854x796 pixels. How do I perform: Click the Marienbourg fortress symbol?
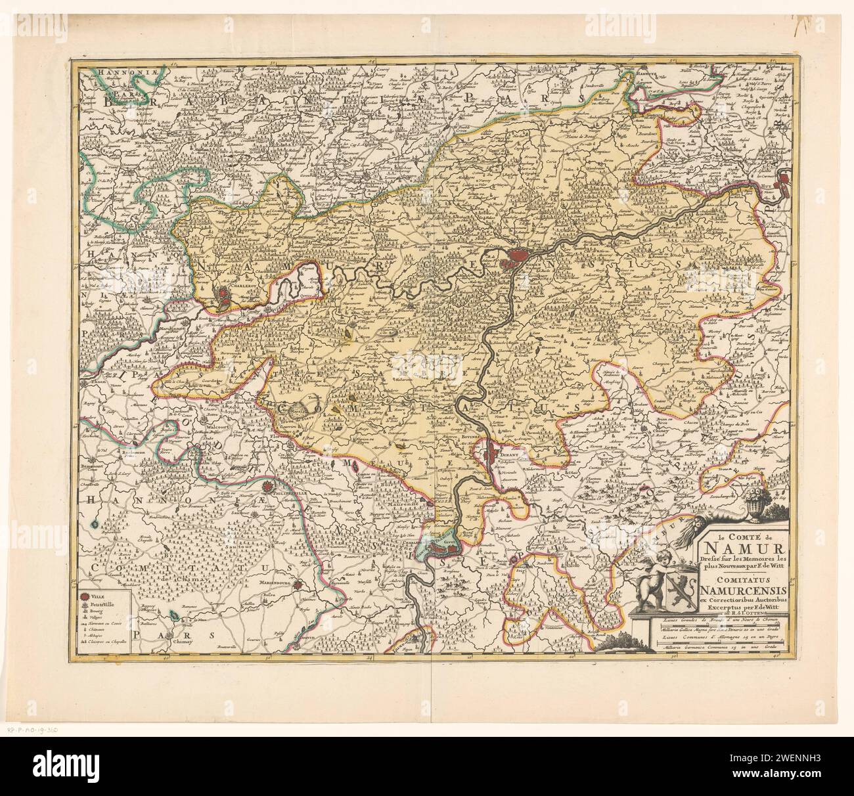(300, 585)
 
